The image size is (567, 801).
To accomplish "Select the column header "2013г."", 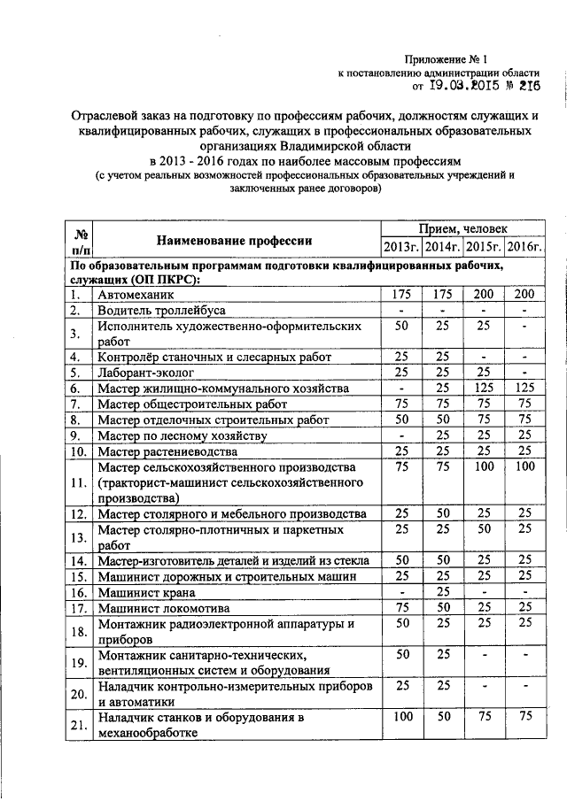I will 401,248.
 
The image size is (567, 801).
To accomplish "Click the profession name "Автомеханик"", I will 137,295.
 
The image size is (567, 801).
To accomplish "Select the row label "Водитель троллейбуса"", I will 162,311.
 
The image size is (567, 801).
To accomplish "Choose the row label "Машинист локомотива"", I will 163,608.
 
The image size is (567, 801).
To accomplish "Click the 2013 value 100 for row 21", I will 401,716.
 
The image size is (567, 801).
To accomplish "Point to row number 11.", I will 79,482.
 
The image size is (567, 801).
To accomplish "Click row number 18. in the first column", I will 79,632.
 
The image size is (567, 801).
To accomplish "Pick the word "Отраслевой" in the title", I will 105,116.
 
